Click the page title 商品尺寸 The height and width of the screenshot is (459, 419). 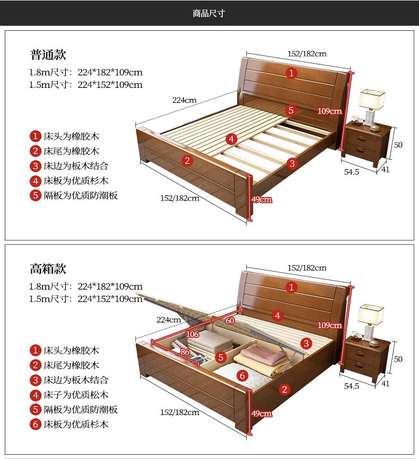pyautogui.click(x=209, y=13)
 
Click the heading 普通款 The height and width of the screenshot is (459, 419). pyautogui.click(x=48, y=55)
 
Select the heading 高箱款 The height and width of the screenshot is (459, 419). pyautogui.click(x=48, y=269)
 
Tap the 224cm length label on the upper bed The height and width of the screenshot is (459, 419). pyautogui.click(x=184, y=100)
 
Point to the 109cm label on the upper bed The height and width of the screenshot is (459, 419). pyautogui.click(x=329, y=111)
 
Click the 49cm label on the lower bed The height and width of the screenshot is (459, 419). pyautogui.click(x=261, y=413)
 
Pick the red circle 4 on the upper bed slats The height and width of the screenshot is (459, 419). pyautogui.click(x=231, y=139)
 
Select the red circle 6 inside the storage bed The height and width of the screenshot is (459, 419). pyautogui.click(x=242, y=375)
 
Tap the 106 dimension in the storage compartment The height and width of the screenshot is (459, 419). pyautogui.click(x=193, y=335)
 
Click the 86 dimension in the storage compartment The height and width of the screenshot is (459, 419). pyautogui.click(x=185, y=351)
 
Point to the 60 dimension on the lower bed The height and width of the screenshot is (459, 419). pyautogui.click(x=230, y=321)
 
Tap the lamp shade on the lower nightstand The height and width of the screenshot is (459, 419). pyautogui.click(x=371, y=313)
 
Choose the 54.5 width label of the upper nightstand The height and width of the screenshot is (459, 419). pyautogui.click(x=351, y=172)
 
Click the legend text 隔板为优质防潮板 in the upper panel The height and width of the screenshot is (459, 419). pyautogui.click(x=80, y=195)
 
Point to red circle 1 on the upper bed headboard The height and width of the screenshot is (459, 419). pyautogui.click(x=291, y=73)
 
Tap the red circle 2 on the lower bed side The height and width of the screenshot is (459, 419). pyautogui.click(x=284, y=390)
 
